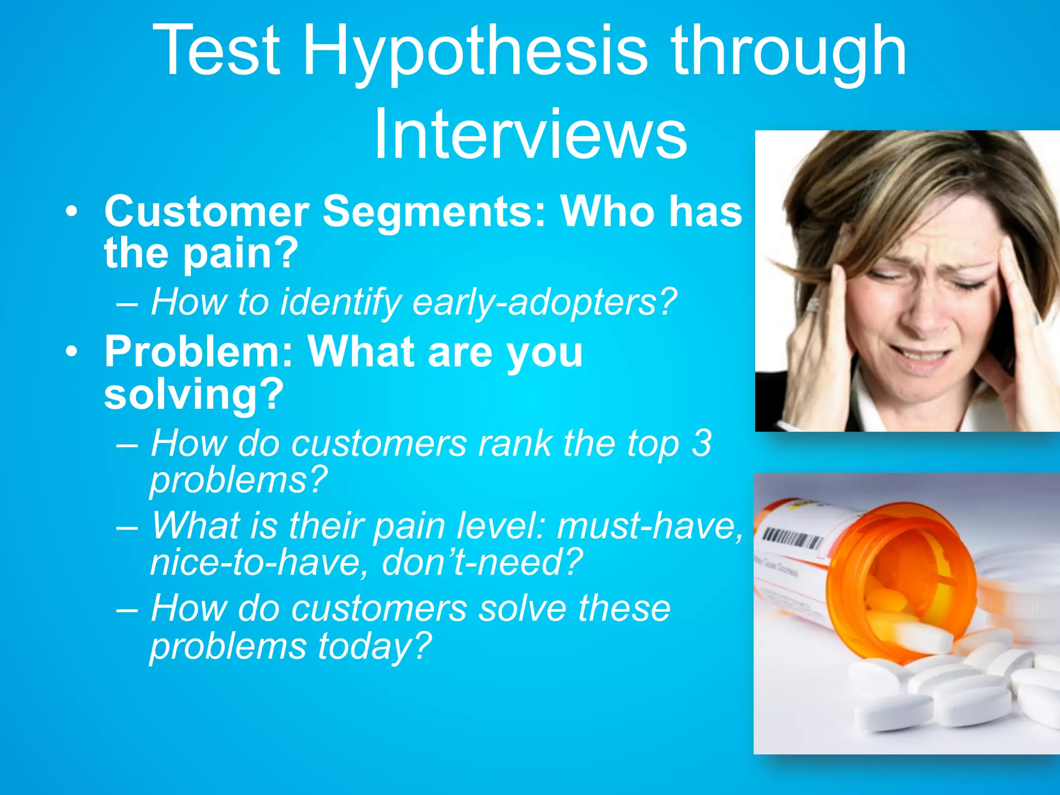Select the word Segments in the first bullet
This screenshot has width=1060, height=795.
click(434, 212)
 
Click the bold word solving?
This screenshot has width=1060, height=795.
click(194, 394)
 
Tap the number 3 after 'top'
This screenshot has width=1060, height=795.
click(702, 444)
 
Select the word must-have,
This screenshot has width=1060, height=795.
click(650, 526)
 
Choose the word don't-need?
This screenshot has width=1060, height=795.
click(482, 563)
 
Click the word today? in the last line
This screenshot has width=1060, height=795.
click(374, 646)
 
